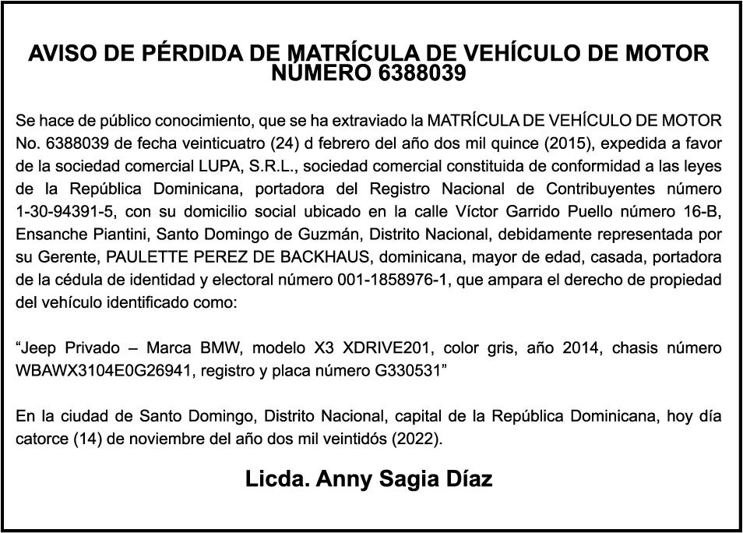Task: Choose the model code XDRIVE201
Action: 362,348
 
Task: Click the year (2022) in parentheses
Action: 417,438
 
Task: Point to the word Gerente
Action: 66,256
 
